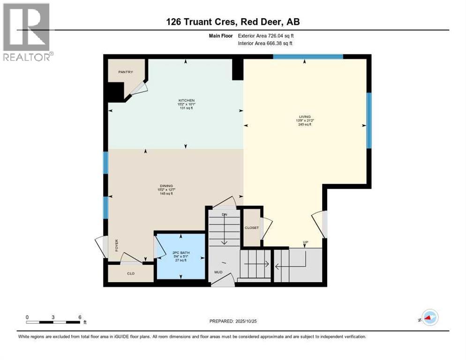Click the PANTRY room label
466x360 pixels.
click(126, 72)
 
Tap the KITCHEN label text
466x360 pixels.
click(186, 100)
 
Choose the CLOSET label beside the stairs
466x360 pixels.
click(251, 228)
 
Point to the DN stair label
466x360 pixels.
click(224, 214)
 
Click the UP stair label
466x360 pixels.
click(305, 243)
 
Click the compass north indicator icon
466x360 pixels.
click(429, 317)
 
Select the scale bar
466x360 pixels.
click(53, 322)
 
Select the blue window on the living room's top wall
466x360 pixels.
click(308, 57)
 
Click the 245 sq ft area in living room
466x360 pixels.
click(305, 124)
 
